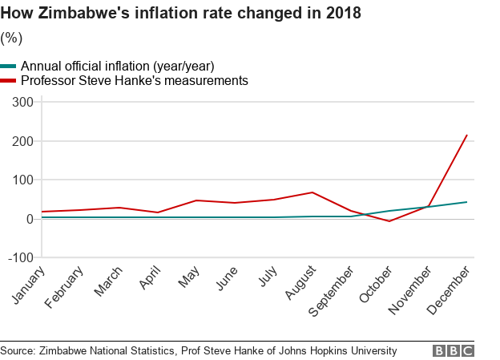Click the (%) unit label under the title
tap(12, 38)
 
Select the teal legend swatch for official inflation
tap(9, 67)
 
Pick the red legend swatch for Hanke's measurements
tap(9, 81)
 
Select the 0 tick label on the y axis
tap(29, 218)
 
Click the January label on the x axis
tap(29, 286)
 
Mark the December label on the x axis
tap(450, 290)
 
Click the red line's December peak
tap(467, 135)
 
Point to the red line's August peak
tap(312, 192)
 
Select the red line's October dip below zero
tap(389, 221)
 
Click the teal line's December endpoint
tap(467, 202)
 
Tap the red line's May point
tap(196, 200)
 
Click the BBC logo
tap(454, 350)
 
